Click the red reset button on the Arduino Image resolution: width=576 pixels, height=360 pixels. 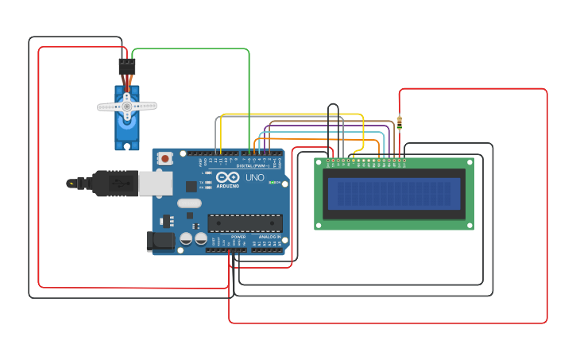click(x=164, y=158)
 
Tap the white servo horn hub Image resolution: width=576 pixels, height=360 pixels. click(x=126, y=106)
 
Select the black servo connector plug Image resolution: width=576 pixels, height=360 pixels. click(x=127, y=66)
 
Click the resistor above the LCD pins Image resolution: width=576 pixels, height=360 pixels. click(x=399, y=123)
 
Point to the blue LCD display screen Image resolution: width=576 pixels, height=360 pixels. click(x=394, y=193)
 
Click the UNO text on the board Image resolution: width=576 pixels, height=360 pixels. click(x=255, y=177)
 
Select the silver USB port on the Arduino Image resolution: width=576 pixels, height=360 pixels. click(x=155, y=184)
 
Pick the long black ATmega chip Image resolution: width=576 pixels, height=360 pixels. click(x=245, y=223)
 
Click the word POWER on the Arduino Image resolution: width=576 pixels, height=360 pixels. click(x=238, y=237)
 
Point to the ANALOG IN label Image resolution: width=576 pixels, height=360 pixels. click(x=269, y=237)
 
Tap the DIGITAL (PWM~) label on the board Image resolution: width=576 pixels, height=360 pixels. click(x=253, y=165)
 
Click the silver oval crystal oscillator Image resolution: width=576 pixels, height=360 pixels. click(x=189, y=203)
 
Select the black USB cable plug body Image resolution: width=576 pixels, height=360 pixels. click(x=114, y=183)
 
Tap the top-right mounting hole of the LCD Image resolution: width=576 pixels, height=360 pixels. click(x=469, y=163)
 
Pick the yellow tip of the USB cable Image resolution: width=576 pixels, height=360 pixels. click(x=72, y=183)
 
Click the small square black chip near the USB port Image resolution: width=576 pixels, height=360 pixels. click(x=191, y=186)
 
